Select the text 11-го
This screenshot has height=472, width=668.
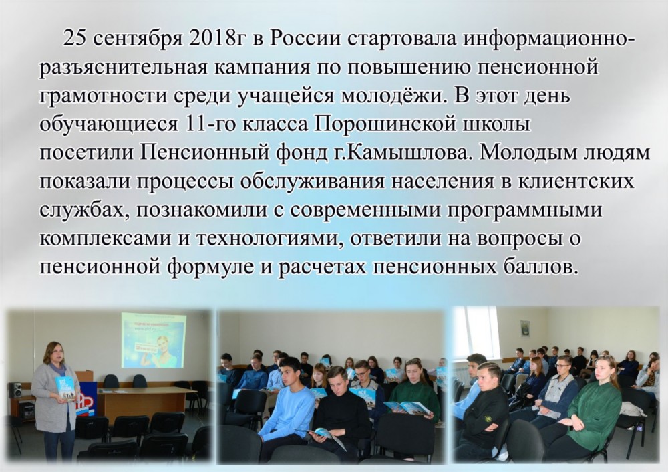pos(210,125)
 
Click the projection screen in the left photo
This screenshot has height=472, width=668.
pos(154,340)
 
